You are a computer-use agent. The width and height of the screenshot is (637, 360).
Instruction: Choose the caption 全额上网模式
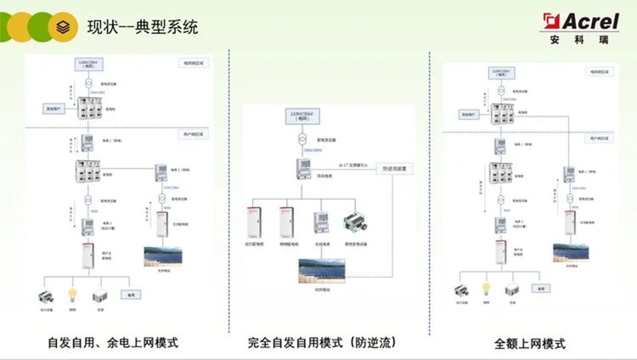[x=530, y=344]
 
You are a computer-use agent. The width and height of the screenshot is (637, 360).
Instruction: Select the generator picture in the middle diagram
[x=354, y=223]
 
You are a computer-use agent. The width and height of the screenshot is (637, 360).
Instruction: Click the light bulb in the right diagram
[x=488, y=289]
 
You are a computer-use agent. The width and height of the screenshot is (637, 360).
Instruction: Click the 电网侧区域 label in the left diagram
[x=194, y=63]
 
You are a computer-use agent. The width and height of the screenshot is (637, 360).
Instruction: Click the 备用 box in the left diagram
[x=132, y=295]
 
